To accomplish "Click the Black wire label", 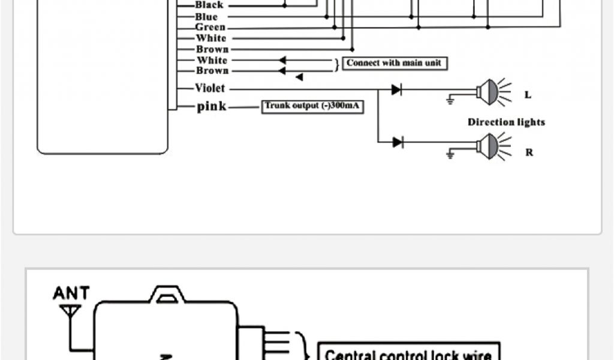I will pos(209,5).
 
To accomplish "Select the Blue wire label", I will pos(206,17).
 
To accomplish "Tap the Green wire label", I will pos(210,28).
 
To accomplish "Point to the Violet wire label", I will pos(210,89).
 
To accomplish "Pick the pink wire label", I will pos(212,107).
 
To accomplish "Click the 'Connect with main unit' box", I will pos(395,63).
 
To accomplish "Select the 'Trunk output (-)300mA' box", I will pos(313,107).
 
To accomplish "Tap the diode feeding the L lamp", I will pos(397,89).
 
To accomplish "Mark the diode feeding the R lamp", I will pos(397,142).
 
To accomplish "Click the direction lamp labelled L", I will pos(488,92).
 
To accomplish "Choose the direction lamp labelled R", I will pos(488,145).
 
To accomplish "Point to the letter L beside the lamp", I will pos(528,95).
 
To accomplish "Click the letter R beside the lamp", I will pos(529,152).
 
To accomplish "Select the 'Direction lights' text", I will pos(506,122).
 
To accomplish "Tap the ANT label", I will pos(71,293).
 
